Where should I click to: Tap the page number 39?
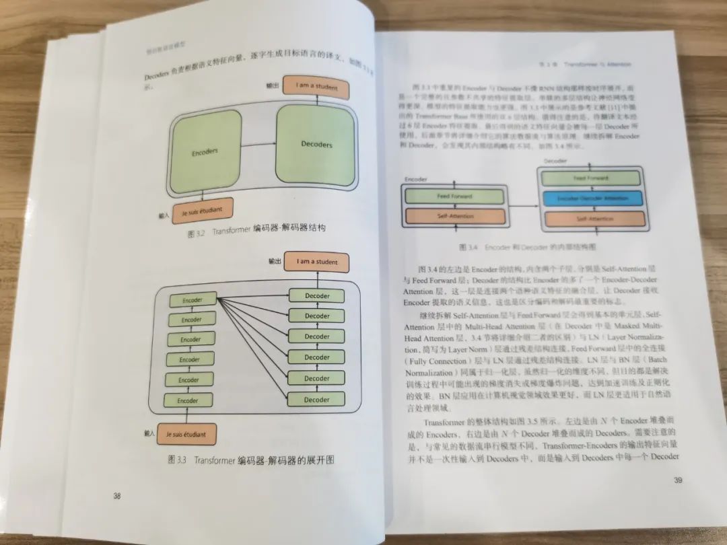click(x=678, y=480)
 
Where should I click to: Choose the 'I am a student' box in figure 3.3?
click(x=318, y=262)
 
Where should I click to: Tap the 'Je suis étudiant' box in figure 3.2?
click(x=202, y=210)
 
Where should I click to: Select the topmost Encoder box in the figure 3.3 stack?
click(x=193, y=299)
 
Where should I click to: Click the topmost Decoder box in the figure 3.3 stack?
click(x=317, y=296)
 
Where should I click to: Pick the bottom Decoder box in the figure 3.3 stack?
click(x=316, y=400)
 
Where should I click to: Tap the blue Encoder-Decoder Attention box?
click(x=591, y=199)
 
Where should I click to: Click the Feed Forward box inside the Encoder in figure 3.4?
click(x=455, y=196)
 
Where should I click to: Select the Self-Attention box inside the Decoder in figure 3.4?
click(x=591, y=219)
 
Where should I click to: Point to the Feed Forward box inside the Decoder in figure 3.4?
click(x=591, y=178)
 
